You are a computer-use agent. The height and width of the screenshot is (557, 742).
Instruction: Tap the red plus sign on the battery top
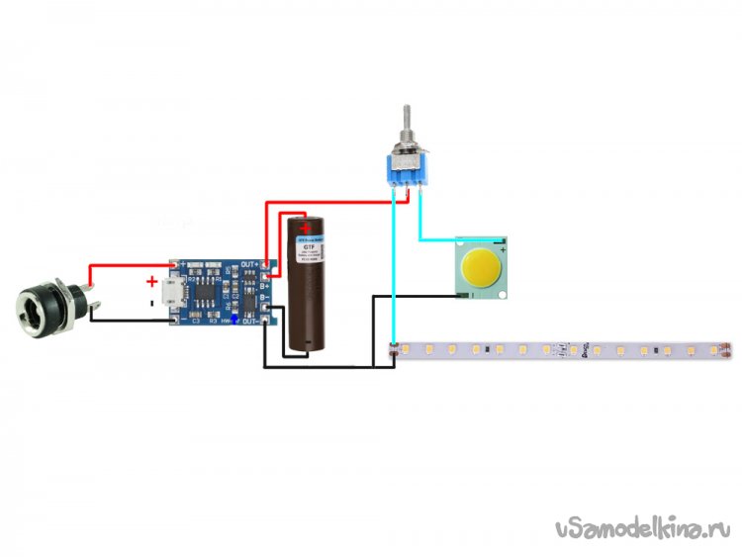[x=306, y=228]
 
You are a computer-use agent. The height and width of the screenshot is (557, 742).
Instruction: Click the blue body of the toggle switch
[x=408, y=171]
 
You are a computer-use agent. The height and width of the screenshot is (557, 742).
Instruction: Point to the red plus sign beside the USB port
[x=151, y=280]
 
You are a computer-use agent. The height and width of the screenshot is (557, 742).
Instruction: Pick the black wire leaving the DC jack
[x=129, y=319]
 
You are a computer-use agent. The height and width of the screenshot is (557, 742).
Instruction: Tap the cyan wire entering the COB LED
[x=435, y=239]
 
